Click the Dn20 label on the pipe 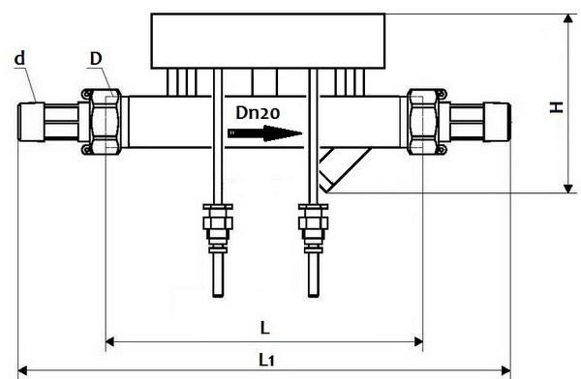pos(257,113)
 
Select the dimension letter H pos(556,107)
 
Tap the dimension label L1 pos(267,359)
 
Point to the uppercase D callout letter pos(96,59)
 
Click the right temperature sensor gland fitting pos(311,223)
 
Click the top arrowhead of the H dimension pos(567,18)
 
